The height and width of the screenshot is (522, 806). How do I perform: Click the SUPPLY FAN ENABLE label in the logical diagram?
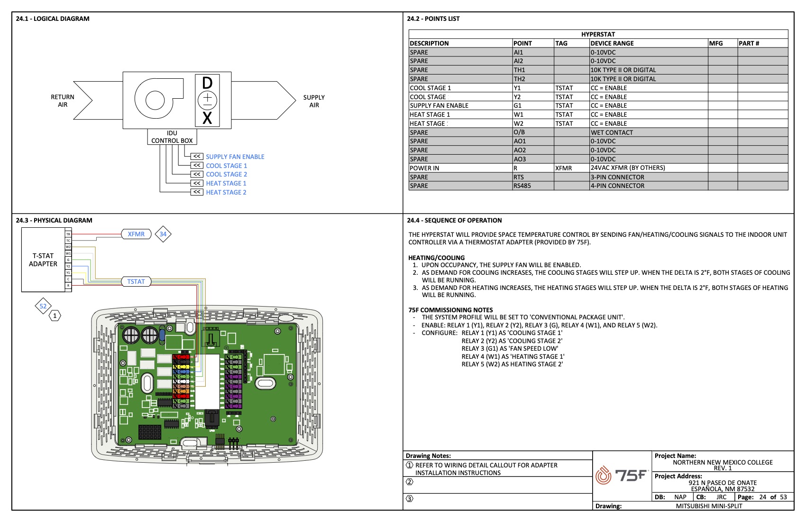(235, 157)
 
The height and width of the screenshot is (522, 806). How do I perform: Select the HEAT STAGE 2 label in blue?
(226, 192)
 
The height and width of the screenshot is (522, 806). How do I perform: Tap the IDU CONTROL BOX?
(172, 137)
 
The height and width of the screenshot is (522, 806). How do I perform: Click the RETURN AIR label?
(63, 101)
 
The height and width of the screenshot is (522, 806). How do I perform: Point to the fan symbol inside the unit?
(156, 100)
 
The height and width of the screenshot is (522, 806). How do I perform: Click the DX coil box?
(207, 100)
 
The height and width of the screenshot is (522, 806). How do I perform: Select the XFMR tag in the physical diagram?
(136, 234)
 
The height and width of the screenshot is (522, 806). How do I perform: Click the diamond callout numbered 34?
(163, 234)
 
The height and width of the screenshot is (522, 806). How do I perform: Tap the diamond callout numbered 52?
(43, 306)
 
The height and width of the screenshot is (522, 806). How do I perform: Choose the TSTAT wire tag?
(136, 281)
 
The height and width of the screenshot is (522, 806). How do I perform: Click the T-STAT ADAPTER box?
(43, 260)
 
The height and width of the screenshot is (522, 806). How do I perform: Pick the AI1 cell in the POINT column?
(519, 52)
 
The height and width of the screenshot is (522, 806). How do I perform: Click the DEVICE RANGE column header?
(612, 43)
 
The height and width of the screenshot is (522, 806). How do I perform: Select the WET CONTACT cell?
(612, 132)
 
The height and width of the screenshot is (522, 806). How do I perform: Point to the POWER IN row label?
(424, 168)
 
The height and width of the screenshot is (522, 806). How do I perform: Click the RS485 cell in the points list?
(522, 186)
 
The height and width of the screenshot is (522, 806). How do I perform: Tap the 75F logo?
(622, 475)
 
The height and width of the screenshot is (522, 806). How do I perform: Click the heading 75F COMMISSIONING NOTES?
(450, 310)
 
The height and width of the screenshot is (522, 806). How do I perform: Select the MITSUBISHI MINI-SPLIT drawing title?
(709, 506)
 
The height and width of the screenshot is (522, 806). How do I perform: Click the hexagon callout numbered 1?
(55, 316)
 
